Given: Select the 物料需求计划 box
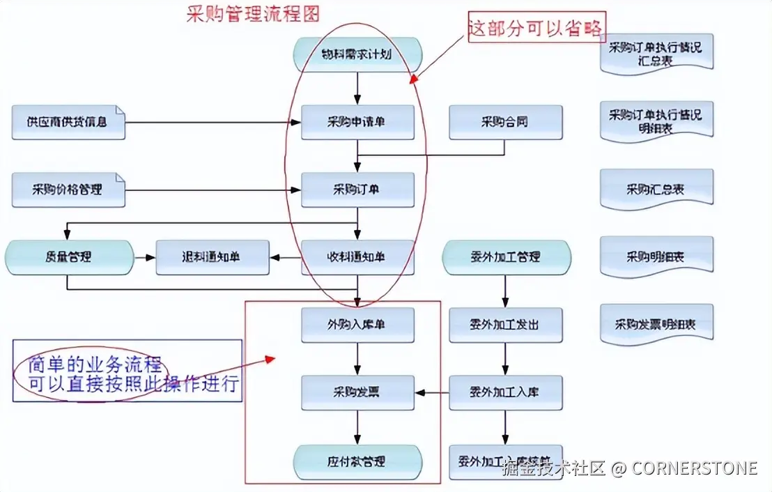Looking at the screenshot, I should pyautogui.click(x=357, y=54).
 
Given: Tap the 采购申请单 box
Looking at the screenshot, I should pyautogui.click(x=357, y=122).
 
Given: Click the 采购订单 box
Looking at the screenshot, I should pyautogui.click(x=357, y=190).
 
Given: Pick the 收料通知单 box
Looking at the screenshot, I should pyautogui.click(x=357, y=257).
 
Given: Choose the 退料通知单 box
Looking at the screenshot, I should pyautogui.click(x=212, y=257).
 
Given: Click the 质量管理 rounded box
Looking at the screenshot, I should pyautogui.click(x=69, y=257).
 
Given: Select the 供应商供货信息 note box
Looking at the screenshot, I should pyautogui.click(x=68, y=122).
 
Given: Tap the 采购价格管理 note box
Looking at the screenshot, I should pyautogui.click(x=68, y=190).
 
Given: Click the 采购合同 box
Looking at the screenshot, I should pyautogui.click(x=505, y=122).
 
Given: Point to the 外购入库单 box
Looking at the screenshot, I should pyautogui.click(x=357, y=325).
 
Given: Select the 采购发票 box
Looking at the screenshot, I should pyautogui.click(x=357, y=392).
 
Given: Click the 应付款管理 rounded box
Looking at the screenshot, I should pyautogui.click(x=357, y=461).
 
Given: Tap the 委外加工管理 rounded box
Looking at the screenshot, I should pyautogui.click(x=506, y=257).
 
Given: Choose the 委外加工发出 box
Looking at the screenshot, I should pyautogui.click(x=505, y=325).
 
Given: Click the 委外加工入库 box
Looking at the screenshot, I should pyautogui.click(x=505, y=392).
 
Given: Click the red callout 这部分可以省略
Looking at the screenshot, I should pyautogui.click(x=536, y=29).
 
